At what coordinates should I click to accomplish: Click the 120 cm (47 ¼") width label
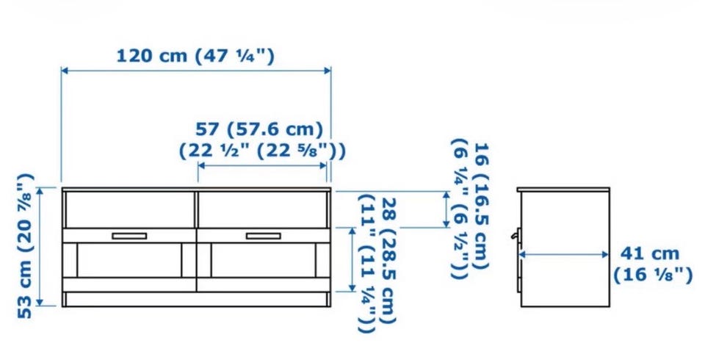[195, 57]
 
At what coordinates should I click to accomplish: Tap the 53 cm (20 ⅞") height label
[25, 246]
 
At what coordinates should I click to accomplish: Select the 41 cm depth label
[650, 253]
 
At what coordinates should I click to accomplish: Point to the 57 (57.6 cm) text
[259, 129]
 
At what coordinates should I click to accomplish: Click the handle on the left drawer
[129, 236]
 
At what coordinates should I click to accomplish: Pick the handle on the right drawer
[263, 236]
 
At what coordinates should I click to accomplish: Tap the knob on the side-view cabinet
[514, 235]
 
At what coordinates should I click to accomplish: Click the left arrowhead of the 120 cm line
[65, 71]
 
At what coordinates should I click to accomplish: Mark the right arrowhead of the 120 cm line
[328, 71]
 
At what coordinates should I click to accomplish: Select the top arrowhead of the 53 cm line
[40, 192]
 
